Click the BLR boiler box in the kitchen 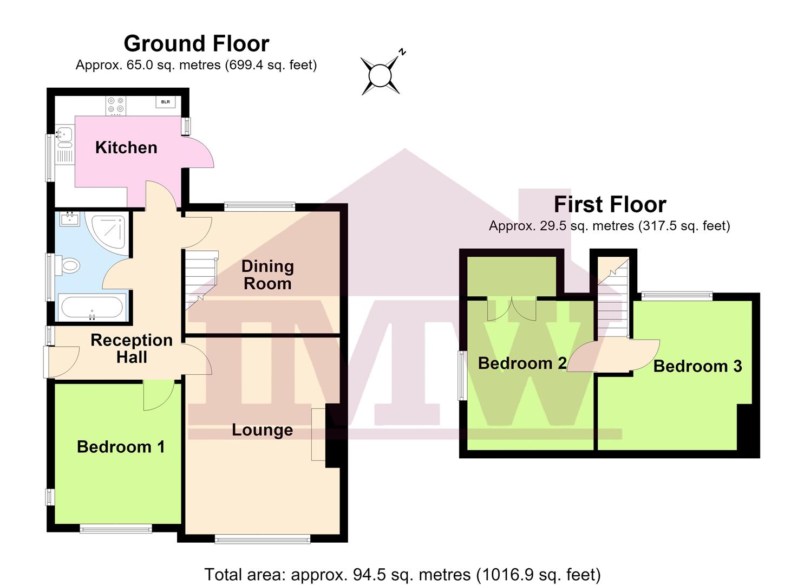166,102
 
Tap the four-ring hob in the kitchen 116,106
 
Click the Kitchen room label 126,147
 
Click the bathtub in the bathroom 92,308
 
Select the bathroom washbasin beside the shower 70,219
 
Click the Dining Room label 267,275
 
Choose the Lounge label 263,430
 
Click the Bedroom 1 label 121,447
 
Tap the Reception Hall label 132,349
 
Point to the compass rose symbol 381,75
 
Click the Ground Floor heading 197,43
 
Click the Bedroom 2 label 522,363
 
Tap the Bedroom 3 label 698,366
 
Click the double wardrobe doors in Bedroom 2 512,309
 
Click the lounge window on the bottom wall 263,539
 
